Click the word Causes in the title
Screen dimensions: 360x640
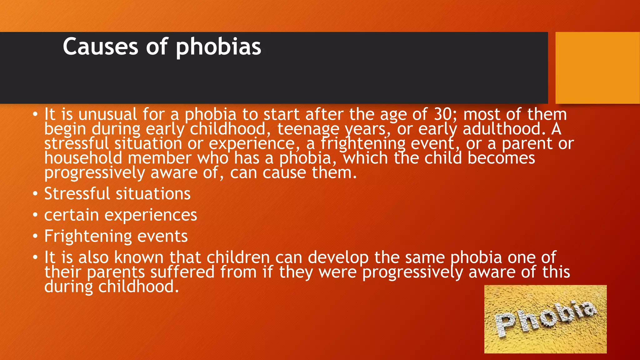(x=100, y=47)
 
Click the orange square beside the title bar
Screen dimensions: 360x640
(x=597, y=67)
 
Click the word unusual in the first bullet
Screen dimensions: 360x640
(x=107, y=114)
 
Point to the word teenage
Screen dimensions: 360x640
(x=308, y=129)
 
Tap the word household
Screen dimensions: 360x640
(x=83, y=158)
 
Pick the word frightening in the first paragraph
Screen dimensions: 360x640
(x=363, y=144)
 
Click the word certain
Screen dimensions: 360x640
(x=72, y=215)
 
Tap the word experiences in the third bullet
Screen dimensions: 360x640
(x=151, y=216)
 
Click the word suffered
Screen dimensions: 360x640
(x=182, y=272)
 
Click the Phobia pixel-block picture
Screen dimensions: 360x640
(x=545, y=319)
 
